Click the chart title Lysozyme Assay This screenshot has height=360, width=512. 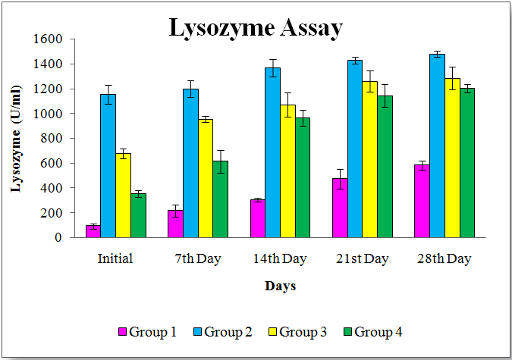tap(255, 28)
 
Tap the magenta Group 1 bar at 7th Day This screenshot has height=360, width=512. tap(175, 224)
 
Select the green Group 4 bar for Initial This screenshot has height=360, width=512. tap(138, 215)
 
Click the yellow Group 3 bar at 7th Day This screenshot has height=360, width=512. tap(206, 178)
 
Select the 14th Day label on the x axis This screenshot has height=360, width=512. tap(280, 259)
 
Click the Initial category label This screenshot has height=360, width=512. tap(115, 259)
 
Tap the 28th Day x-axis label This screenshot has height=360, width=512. tap(444, 259)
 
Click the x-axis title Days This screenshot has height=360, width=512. tap(280, 286)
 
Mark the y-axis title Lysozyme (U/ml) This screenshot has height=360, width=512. tap(16, 149)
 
